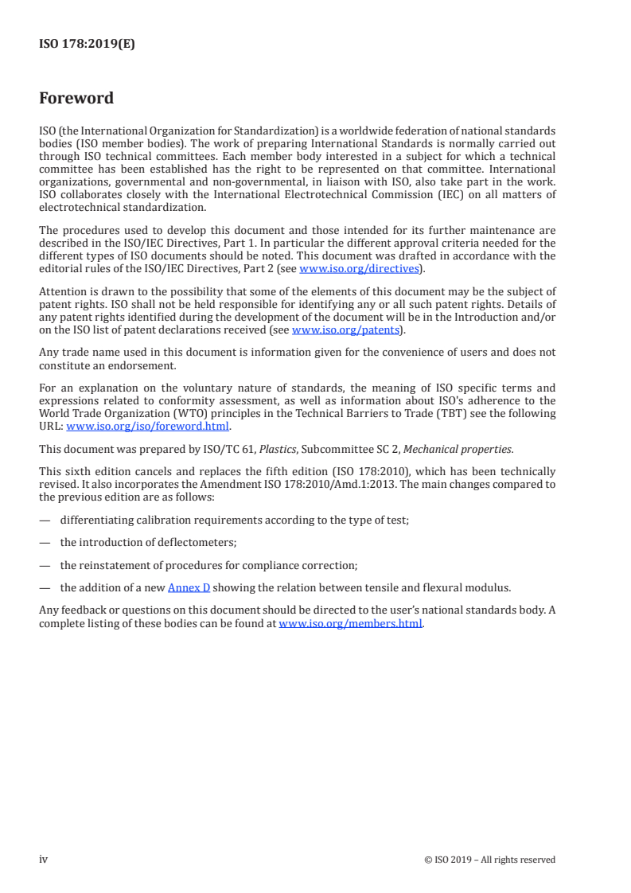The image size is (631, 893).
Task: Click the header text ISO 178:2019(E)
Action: (87, 45)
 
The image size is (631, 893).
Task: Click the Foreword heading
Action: (76, 99)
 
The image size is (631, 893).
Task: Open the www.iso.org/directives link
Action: (359, 269)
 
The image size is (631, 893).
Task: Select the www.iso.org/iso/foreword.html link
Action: (149, 426)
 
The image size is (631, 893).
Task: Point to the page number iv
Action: (44, 860)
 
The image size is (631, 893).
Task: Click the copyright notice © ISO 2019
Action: (490, 860)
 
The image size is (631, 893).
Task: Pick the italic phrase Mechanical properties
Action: (457, 449)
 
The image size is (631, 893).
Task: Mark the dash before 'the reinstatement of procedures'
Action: (44, 565)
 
